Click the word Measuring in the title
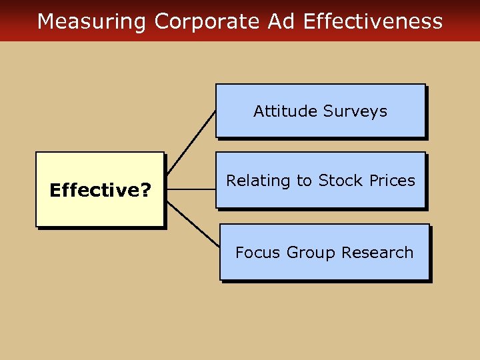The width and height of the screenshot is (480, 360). click(91, 21)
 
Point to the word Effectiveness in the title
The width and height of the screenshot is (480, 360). click(373, 21)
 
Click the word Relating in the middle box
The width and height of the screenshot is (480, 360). click(256, 181)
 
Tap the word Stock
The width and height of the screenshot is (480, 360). click(340, 181)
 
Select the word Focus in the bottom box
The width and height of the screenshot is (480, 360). click(258, 253)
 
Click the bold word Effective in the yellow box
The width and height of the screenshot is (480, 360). click(95, 191)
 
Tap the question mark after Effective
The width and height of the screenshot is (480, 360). click(145, 191)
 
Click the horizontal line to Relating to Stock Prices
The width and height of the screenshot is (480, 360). click(190, 189)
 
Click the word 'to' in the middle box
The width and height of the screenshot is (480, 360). click(306, 181)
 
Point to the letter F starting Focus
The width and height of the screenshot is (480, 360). click(239, 253)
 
